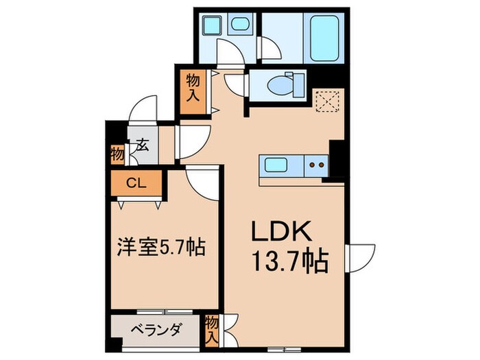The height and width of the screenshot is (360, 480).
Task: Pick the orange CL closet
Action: pos(136,183)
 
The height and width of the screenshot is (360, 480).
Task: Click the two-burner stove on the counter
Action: pos(317,165)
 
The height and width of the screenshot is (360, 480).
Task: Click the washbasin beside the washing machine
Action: pos(241,26)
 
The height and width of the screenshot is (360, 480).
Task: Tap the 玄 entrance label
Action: pos(143,145)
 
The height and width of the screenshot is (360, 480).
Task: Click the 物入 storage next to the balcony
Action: pos(212,328)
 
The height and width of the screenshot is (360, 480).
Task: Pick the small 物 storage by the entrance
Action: pos(117,155)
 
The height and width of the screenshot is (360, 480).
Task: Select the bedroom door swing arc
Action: pos(204,182)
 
